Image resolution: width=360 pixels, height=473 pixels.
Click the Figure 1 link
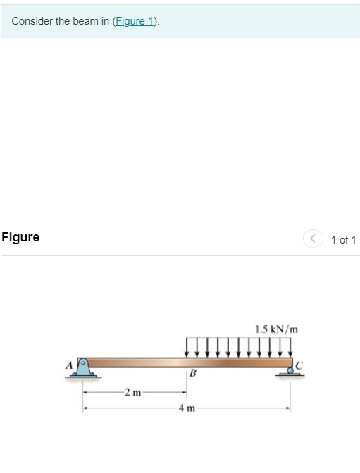(x=135, y=21)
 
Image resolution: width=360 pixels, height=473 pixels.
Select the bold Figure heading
(x=20, y=238)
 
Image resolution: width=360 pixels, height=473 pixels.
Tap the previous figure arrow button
(x=313, y=239)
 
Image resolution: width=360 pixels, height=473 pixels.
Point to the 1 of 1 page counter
(x=343, y=240)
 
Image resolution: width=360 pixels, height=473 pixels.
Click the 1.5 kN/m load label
(x=276, y=329)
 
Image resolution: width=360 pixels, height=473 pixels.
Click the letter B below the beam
(x=191, y=374)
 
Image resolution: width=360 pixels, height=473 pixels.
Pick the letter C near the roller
(x=299, y=364)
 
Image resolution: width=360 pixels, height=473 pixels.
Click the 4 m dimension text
(x=187, y=408)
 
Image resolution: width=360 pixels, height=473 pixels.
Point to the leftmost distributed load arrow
(x=187, y=347)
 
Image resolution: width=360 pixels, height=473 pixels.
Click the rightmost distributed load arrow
(x=290, y=347)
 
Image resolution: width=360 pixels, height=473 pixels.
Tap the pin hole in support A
(x=83, y=363)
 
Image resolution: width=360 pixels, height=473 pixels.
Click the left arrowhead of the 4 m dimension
(x=86, y=408)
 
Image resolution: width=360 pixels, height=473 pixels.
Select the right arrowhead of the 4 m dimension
(x=287, y=408)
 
